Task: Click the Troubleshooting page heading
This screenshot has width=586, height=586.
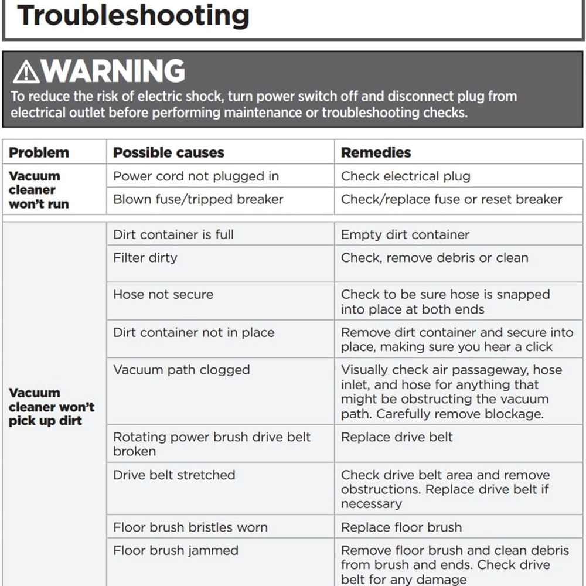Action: coord(133,15)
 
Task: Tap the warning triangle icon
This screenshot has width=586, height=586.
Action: coord(26,72)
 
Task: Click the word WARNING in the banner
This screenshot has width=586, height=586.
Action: coord(114,71)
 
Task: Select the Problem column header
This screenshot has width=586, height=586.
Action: coord(39,152)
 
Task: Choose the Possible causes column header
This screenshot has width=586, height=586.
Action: coord(169,152)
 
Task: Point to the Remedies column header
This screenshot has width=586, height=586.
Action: coord(376,152)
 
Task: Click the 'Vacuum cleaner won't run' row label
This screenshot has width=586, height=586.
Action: coord(39,190)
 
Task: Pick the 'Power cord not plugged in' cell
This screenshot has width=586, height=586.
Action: coord(196,176)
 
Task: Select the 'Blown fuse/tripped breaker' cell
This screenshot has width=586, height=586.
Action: coord(198,199)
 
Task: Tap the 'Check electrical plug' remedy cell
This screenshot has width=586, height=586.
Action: coord(406,176)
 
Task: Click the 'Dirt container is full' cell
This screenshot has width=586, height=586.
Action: coord(173,234)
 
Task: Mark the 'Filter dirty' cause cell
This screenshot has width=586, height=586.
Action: coord(145,258)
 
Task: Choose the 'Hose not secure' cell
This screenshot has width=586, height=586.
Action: coord(163,294)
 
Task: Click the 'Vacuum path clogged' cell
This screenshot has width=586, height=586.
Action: coord(182,370)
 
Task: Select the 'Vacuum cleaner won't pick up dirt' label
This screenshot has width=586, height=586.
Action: coord(51,407)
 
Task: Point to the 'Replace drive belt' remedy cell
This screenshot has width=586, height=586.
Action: coord(397,437)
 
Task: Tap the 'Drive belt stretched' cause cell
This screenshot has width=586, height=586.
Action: coord(174,475)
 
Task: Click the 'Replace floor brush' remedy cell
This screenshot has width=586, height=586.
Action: coord(401,527)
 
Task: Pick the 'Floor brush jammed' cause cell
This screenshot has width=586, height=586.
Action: coord(176,551)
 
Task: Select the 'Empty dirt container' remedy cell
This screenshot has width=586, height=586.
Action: coord(405,234)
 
